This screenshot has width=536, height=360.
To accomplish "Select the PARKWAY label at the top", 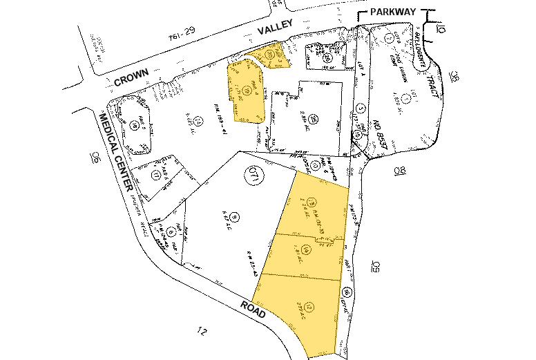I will (394, 12).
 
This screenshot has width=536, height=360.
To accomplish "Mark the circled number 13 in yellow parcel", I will (312, 202).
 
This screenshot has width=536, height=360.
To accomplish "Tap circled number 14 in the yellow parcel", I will (305, 249).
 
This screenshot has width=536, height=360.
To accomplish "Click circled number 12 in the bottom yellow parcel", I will (309, 305).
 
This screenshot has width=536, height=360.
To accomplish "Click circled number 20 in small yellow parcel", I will (270, 54).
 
